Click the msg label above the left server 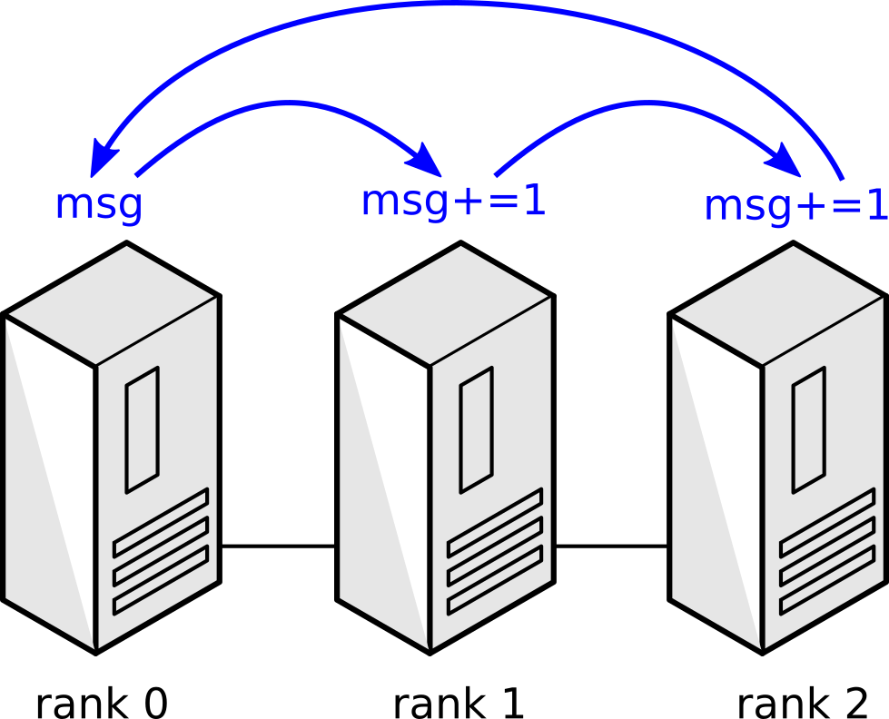(x=99, y=204)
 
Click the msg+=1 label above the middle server (x=453, y=202)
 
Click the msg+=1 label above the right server (x=795, y=206)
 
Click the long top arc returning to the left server (x=472, y=5)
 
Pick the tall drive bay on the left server (x=143, y=429)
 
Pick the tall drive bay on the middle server (x=477, y=429)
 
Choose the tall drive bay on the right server (x=809, y=429)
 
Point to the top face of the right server (x=779, y=304)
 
